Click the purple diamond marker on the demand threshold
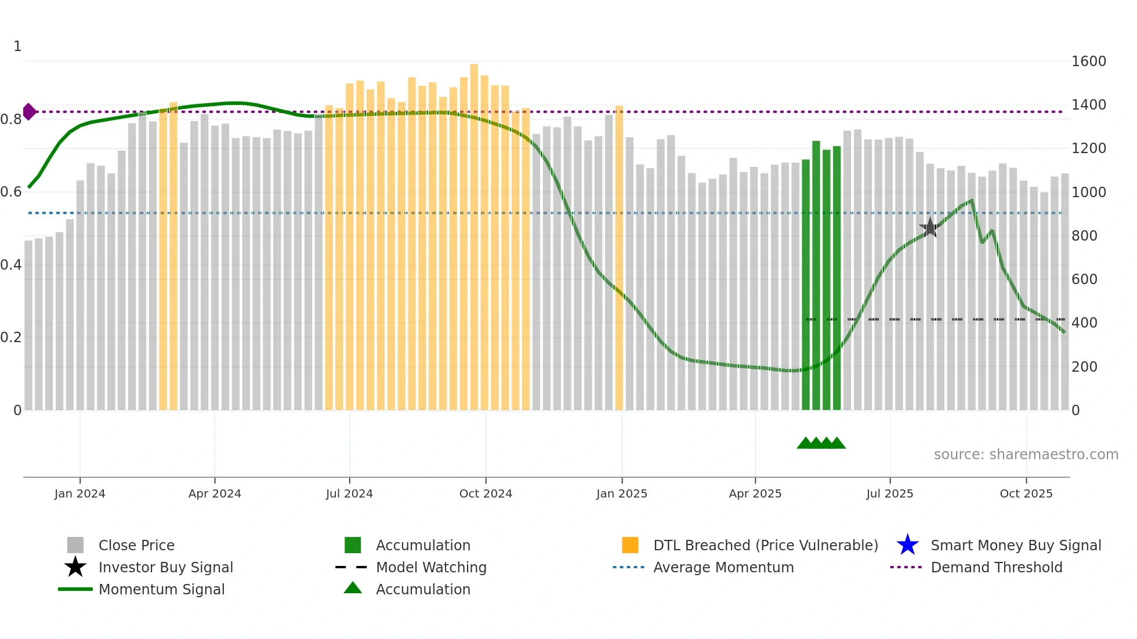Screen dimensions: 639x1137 [29, 111]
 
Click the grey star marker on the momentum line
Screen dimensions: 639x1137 [930, 228]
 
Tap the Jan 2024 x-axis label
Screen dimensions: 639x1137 [79, 493]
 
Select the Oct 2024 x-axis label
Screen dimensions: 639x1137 [486, 493]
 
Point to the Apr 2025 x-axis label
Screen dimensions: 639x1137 [755, 493]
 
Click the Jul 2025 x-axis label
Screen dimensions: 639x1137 [889, 493]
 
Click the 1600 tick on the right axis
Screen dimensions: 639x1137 [1088, 61]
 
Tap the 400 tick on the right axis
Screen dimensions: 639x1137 [1084, 323]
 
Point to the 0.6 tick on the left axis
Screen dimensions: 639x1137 [11, 192]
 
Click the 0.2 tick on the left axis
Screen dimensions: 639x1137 [11, 337]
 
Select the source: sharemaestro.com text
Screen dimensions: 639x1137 [1026, 455]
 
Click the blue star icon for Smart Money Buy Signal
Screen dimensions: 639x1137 [907, 545]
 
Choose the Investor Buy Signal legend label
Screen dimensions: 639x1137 [165, 567]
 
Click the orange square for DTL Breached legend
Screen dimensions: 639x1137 [630, 545]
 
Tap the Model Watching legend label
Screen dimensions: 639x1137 [431, 567]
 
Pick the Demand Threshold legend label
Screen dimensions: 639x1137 [996, 567]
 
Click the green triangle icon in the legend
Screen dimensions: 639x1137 [353, 588]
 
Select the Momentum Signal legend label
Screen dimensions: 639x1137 [161, 589]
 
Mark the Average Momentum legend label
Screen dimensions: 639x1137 [723, 567]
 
